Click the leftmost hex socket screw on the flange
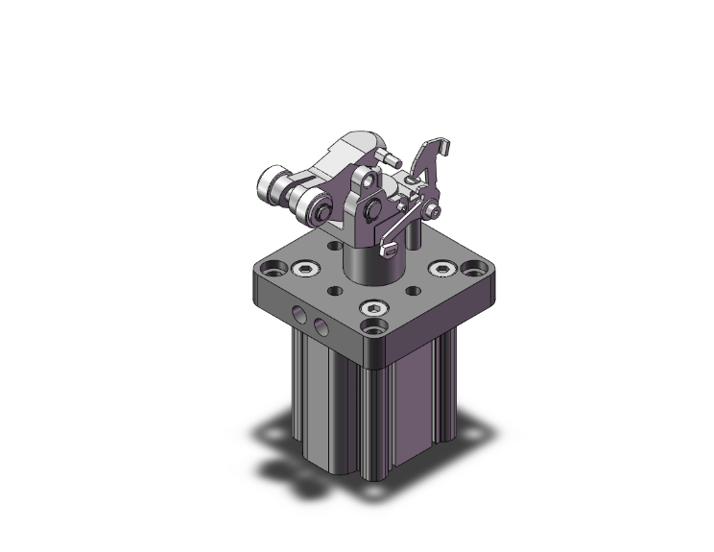click(305, 269)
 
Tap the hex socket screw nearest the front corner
click(373, 308)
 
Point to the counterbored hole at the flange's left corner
click(274, 268)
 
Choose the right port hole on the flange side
click(320, 327)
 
